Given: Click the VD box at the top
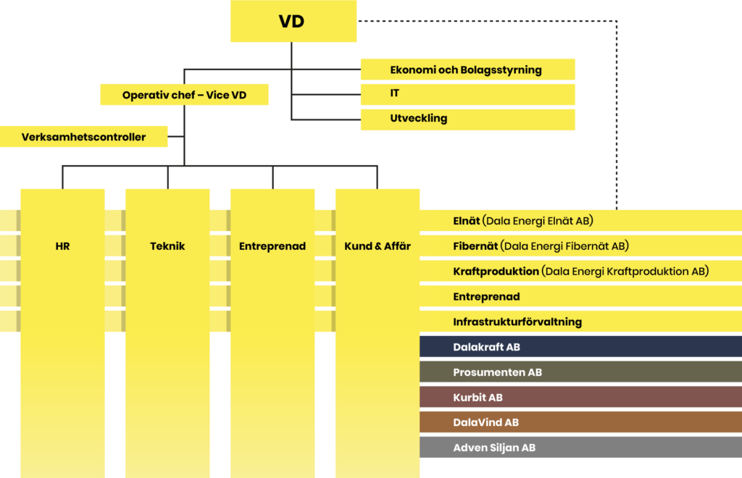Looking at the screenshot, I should pyautogui.click(x=293, y=22).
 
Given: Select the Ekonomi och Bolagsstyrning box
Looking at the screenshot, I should pyautogui.click(x=467, y=70).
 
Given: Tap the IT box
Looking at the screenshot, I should pyautogui.click(x=395, y=93).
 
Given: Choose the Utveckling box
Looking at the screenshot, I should pyautogui.click(x=419, y=118).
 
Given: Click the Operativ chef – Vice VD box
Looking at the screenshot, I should pyautogui.click(x=184, y=95).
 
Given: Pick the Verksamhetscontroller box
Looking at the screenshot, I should pyautogui.click(x=83, y=137).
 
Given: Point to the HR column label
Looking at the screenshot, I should pyautogui.click(x=62, y=246).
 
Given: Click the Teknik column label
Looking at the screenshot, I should pyautogui.click(x=167, y=246).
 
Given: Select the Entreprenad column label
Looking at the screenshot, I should pyautogui.click(x=272, y=246).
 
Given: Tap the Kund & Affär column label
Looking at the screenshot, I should pyautogui.click(x=378, y=246).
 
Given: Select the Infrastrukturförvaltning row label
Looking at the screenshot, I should pyautogui.click(x=517, y=322).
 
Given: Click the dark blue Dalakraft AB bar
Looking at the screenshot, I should pyautogui.click(x=580, y=347).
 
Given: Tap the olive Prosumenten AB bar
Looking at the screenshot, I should pyautogui.click(x=580, y=372).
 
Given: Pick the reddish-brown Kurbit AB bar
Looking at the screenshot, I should pyautogui.click(x=580, y=398).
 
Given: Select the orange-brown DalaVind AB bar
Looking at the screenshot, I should pyautogui.click(x=580, y=422).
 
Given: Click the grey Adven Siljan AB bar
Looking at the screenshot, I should pyautogui.click(x=580, y=448).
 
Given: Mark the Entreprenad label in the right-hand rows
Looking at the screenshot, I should pyautogui.click(x=486, y=297).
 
